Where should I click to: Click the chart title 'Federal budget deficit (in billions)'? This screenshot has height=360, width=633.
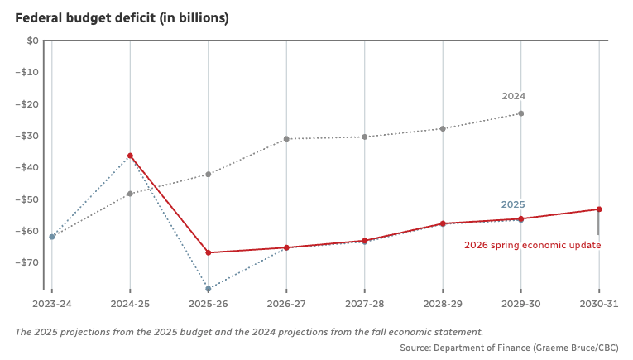[122, 17]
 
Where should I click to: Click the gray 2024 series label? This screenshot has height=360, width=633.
[513, 96]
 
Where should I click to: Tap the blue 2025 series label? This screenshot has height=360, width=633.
[513, 204]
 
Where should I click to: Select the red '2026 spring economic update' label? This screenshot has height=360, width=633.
[532, 245]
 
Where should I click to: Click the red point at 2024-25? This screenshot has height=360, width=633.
[130, 156]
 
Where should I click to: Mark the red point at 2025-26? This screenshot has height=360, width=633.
[209, 252]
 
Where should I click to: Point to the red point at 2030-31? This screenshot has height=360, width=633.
[599, 209]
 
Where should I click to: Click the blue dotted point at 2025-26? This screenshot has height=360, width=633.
[209, 289]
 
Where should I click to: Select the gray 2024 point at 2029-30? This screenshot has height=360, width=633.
[520, 113]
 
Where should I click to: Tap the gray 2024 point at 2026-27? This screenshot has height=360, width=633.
[286, 139]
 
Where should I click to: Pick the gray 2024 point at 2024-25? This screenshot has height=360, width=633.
[130, 194]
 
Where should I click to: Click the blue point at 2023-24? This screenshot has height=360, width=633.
[52, 237]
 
